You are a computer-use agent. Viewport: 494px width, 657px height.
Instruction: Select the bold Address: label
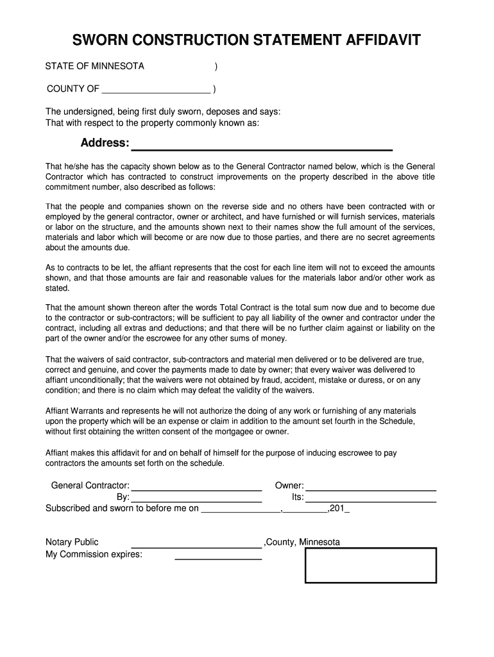(x=105, y=142)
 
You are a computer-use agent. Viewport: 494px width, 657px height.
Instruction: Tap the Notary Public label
(x=72, y=542)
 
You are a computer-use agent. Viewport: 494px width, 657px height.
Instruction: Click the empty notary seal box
(x=370, y=565)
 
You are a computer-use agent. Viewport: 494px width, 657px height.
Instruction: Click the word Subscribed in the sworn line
(x=69, y=508)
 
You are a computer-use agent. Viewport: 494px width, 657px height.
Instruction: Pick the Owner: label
(x=289, y=486)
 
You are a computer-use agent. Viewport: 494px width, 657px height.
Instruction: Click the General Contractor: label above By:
(x=90, y=486)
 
